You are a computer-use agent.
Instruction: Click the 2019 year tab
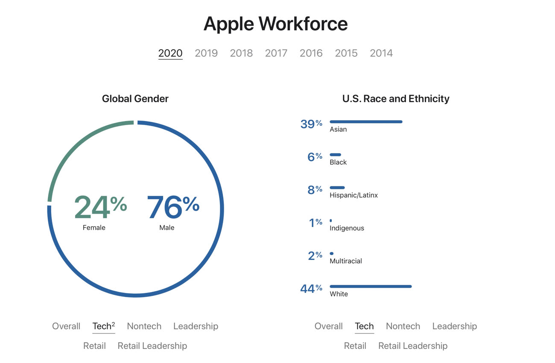click(x=206, y=53)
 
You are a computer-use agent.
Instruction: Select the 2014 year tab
click(x=381, y=53)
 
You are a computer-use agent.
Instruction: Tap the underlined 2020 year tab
click(x=170, y=53)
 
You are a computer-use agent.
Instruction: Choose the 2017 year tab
click(x=276, y=53)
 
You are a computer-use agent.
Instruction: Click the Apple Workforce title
click(x=276, y=24)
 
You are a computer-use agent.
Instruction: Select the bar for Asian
click(x=366, y=122)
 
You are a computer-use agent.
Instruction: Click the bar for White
click(x=371, y=286)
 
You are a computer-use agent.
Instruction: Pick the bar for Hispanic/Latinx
click(x=337, y=188)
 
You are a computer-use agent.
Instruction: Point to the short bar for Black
click(x=336, y=155)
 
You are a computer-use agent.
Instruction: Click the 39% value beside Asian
click(x=311, y=124)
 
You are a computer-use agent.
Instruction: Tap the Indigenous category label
click(x=347, y=228)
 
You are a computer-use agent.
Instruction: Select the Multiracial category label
click(x=346, y=261)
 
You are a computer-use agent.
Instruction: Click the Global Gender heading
click(x=135, y=99)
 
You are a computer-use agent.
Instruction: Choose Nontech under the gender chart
click(x=144, y=326)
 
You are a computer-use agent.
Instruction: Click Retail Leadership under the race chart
click(x=413, y=346)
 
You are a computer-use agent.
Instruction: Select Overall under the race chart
click(x=329, y=326)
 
